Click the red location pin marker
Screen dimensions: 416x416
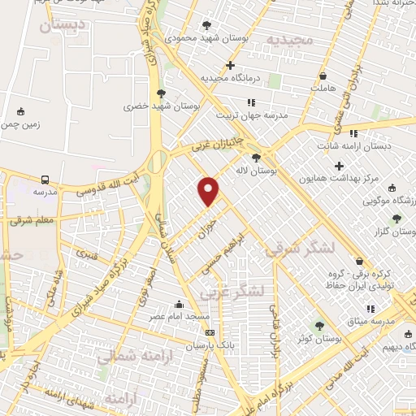click(x=210, y=191)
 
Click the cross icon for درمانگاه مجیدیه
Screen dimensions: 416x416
click(x=231, y=65)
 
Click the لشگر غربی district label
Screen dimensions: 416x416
click(x=256, y=291)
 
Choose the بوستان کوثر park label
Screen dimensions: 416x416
click(x=318, y=337)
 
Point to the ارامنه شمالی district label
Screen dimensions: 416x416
click(x=128, y=357)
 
